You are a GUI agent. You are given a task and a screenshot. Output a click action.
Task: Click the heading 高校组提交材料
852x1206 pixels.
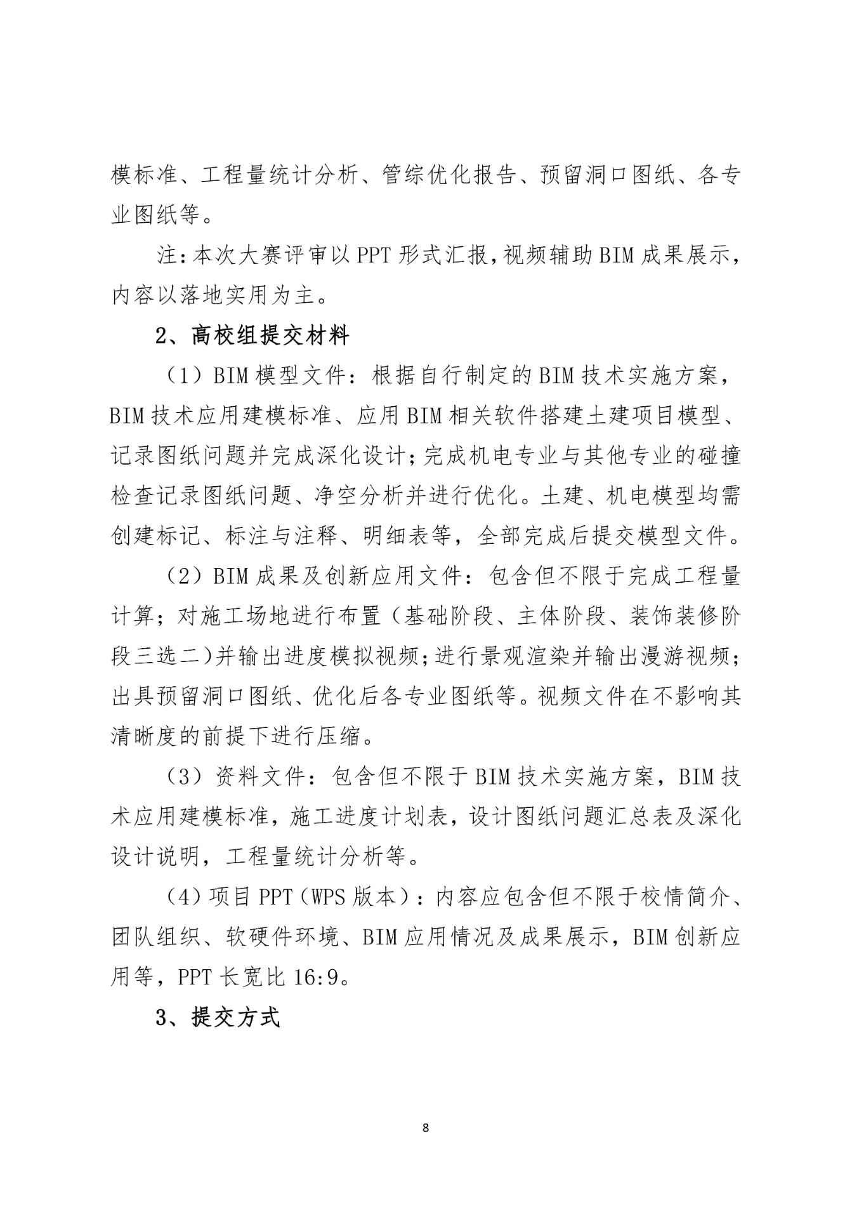pos(270,336)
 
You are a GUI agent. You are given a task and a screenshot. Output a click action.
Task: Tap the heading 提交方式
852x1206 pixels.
pos(235,1017)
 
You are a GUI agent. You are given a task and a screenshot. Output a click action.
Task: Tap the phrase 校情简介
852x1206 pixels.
pos(681,898)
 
